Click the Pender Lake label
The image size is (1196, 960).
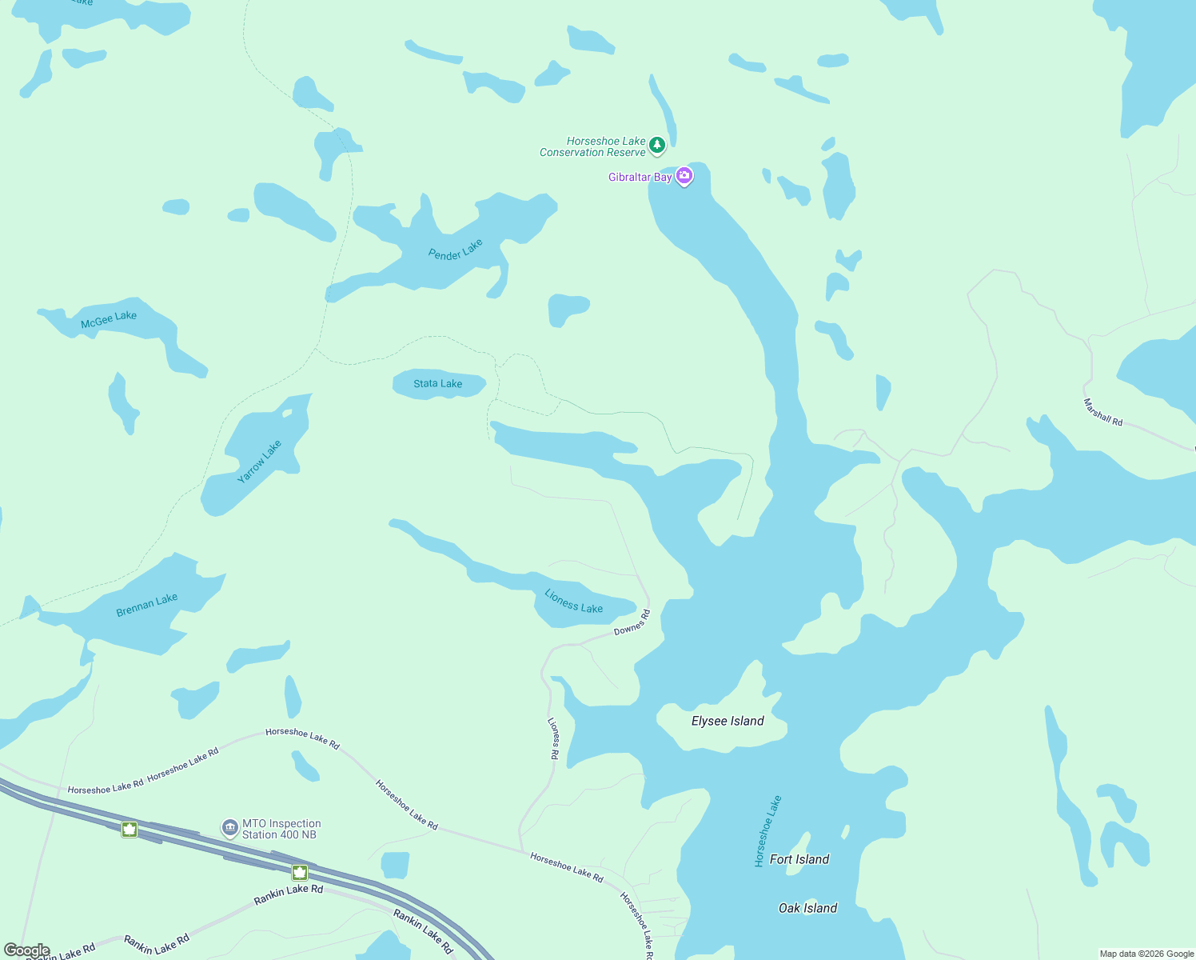pos(456,250)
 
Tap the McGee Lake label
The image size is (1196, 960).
pos(109,319)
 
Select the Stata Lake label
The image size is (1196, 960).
pos(437,384)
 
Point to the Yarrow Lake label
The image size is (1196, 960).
pos(260,462)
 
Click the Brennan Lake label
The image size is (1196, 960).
pos(146,605)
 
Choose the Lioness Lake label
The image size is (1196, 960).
pos(573,602)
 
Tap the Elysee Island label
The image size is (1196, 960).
pos(728,722)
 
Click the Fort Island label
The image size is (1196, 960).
pos(799,859)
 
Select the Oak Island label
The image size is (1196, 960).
pos(807,908)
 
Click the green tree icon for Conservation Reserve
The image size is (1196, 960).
pos(657,145)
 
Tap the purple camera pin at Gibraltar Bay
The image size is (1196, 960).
pos(684,176)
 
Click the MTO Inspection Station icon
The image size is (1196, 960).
pos(230,828)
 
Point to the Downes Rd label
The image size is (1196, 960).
pos(632,623)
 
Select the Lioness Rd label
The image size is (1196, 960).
pos(553,738)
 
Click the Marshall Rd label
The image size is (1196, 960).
pos(1103,412)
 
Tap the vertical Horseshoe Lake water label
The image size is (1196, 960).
pos(767,831)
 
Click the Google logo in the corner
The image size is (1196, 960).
pos(26,950)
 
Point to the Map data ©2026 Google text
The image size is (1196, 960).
pos(1146,954)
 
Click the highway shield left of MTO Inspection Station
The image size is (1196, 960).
pos(130,829)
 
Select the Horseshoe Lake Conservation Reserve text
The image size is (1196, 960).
pos(592,146)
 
